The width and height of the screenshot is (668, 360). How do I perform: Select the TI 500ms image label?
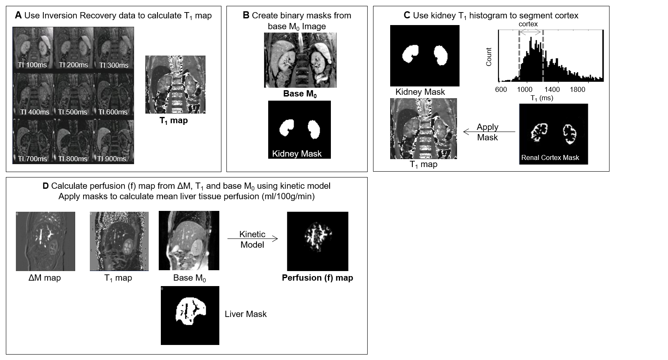click(x=73, y=112)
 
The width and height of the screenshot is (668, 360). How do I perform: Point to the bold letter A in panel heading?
click(x=18, y=16)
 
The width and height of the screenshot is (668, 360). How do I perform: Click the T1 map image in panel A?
click(x=175, y=84)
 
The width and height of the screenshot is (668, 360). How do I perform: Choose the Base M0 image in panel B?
click(x=300, y=60)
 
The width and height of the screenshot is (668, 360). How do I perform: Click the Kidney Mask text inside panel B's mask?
click(x=297, y=154)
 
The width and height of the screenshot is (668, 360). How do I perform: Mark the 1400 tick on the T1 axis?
click(x=552, y=89)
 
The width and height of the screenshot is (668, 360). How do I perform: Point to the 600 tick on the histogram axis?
click(x=500, y=89)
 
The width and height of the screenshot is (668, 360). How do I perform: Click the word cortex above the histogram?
click(x=528, y=24)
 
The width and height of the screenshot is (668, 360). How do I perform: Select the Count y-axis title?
click(x=489, y=57)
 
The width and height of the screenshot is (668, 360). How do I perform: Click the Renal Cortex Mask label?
click(x=550, y=157)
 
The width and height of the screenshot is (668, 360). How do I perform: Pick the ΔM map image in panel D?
click(x=46, y=241)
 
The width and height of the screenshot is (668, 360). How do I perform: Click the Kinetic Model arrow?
click(x=252, y=239)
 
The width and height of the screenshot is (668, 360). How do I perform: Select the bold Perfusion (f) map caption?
click(x=317, y=278)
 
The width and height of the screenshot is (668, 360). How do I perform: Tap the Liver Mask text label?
click(x=246, y=314)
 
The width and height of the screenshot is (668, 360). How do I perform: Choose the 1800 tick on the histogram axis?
click(x=577, y=89)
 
